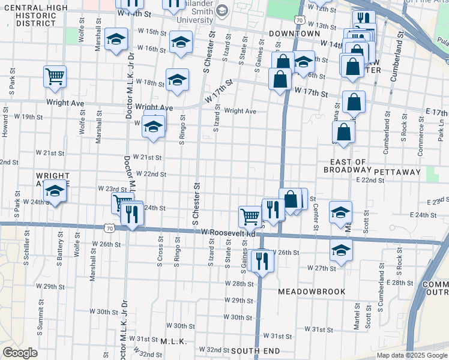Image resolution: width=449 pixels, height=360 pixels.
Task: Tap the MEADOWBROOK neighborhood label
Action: [312, 292]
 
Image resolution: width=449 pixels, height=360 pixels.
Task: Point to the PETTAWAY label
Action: [397, 172]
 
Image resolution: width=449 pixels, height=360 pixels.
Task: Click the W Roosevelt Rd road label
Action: [228, 232]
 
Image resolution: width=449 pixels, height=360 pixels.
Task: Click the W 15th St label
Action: [151, 32]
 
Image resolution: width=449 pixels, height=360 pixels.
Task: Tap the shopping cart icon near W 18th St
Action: [55, 77]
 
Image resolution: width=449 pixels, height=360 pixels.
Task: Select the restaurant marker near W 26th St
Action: [261, 260]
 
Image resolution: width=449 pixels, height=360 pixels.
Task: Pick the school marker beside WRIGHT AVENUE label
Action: [55, 192]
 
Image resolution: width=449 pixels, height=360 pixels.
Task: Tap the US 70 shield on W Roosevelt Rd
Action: [109, 228]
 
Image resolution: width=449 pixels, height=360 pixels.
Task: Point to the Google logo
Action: [19, 353]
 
